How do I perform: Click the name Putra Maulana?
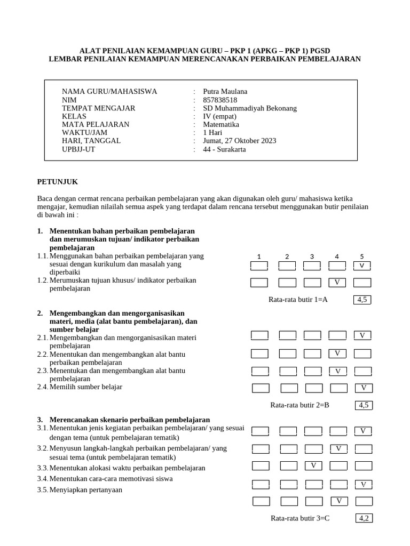(225, 91)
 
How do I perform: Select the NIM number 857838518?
(220, 100)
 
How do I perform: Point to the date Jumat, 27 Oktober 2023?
(240, 141)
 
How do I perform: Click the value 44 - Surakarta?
(225, 149)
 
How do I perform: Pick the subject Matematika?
(221, 124)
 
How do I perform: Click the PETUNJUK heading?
(58, 182)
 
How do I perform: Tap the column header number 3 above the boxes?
(312, 256)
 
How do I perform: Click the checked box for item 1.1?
(362, 266)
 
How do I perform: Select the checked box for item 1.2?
(337, 282)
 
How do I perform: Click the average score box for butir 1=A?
(362, 300)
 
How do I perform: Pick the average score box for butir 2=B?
(364, 405)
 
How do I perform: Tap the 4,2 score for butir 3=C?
(364, 518)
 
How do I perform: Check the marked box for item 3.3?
(314, 465)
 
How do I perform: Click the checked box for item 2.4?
(364, 388)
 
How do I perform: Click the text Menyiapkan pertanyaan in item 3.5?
(85, 489)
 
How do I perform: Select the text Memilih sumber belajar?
(85, 387)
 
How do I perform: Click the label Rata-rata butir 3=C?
(299, 518)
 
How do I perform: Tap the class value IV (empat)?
(219, 116)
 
